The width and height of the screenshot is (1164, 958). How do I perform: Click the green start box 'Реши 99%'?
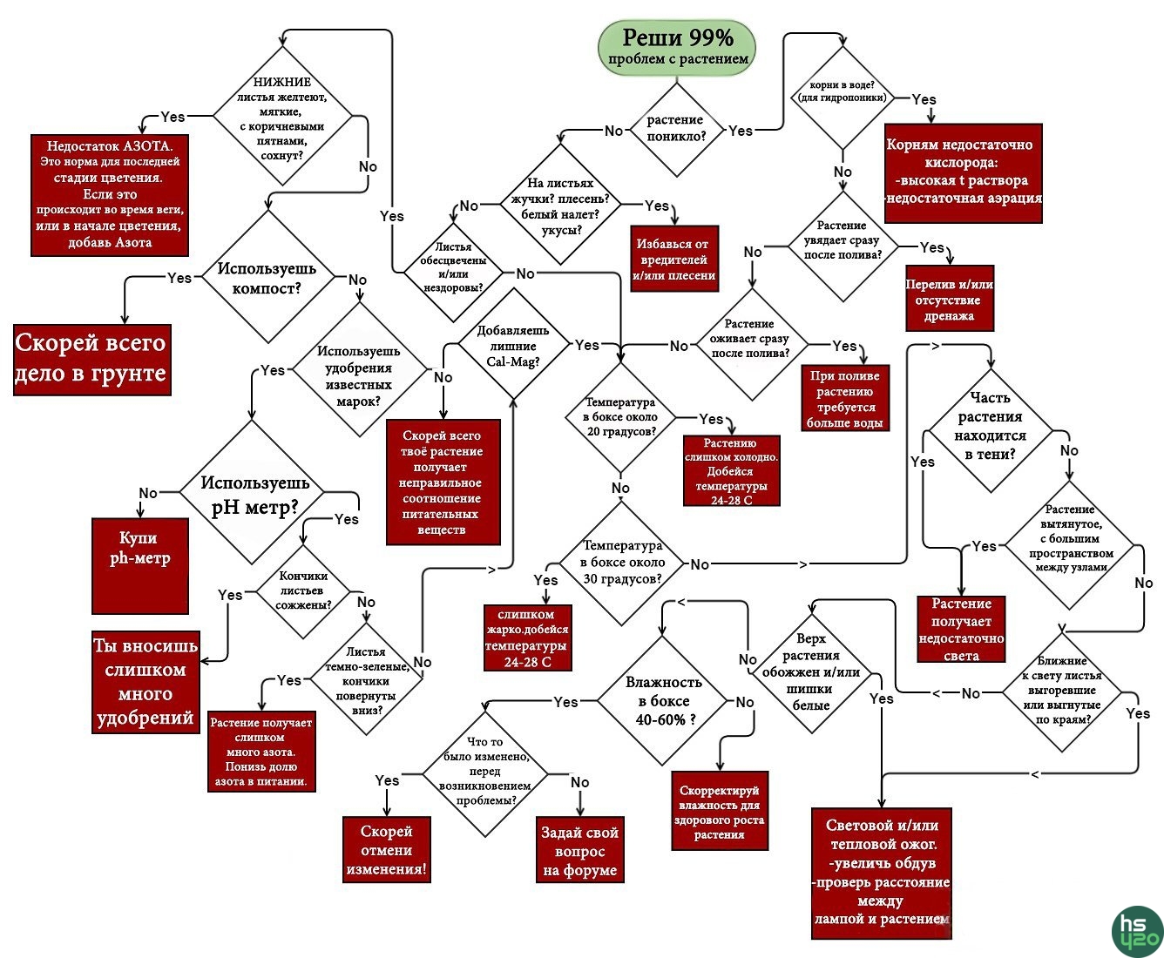tap(677, 47)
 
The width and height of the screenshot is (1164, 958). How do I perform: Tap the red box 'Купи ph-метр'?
tap(140, 565)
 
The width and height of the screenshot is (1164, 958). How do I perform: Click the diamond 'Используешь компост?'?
tap(267, 277)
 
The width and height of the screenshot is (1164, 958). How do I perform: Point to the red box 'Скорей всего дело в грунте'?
tap(91, 359)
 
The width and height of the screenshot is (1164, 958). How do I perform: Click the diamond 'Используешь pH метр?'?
tap(254, 495)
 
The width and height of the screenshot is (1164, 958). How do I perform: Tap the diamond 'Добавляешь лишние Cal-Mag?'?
tap(513, 346)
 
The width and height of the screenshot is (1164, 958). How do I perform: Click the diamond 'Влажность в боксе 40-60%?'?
tap(663, 701)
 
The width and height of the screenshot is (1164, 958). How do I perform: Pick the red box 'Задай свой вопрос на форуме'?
tap(579, 850)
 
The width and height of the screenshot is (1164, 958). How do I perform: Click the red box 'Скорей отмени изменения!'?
tap(387, 849)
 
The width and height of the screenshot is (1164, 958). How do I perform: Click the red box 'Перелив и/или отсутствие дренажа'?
tap(949, 299)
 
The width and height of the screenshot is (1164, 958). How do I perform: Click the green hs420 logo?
tap(1138, 931)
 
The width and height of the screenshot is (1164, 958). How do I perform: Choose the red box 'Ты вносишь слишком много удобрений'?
tap(145, 682)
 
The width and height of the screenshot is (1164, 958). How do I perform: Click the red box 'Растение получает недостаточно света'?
tap(961, 629)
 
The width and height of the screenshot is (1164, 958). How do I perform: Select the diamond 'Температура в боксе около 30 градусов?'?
tap(623, 563)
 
